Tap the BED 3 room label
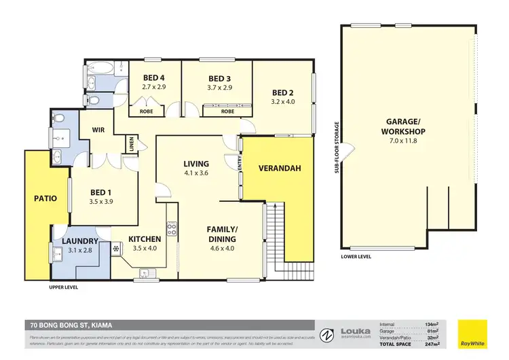220,79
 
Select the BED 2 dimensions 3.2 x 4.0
283,102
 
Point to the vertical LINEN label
131,145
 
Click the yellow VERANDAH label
279,168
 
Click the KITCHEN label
145,238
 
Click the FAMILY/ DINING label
221,234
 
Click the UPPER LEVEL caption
64,287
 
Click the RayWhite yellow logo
472,333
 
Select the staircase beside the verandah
274,234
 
